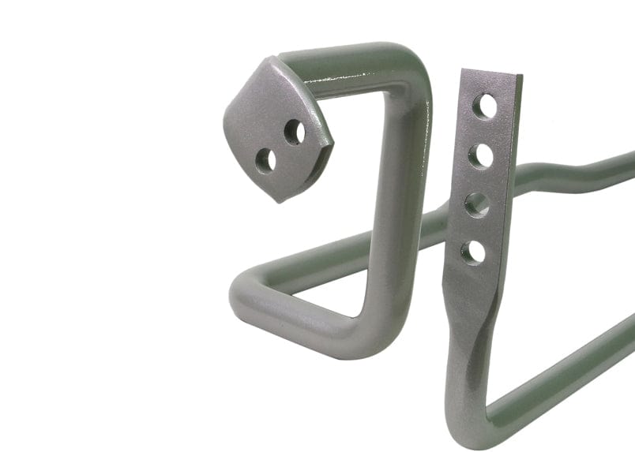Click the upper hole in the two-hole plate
pos(295,132)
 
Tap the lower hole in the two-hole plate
pos(266,160)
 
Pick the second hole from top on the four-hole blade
pos(480,155)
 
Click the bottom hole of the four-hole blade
pos(473,252)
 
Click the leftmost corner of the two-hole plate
pos(224,118)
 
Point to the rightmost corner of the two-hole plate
pos(333,145)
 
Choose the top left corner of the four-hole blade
pos(461,69)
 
